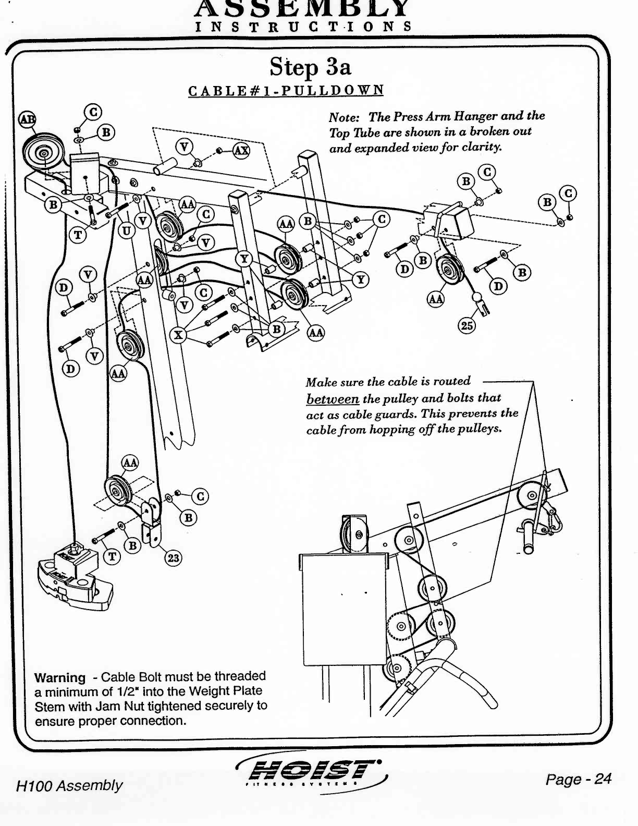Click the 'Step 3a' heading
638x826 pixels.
click(x=310, y=67)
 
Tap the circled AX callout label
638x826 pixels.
click(x=241, y=151)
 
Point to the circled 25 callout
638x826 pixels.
click(x=466, y=326)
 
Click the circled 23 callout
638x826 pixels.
click(x=173, y=558)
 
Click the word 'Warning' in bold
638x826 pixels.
click(x=59, y=678)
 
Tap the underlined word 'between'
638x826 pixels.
click(x=333, y=399)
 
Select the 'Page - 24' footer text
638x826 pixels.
click(x=578, y=779)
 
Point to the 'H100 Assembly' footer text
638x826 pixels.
click(x=69, y=785)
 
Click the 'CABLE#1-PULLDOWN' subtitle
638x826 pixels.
click(x=286, y=90)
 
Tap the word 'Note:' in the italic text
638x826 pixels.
click(x=345, y=116)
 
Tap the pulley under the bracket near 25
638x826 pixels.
click(x=447, y=271)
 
